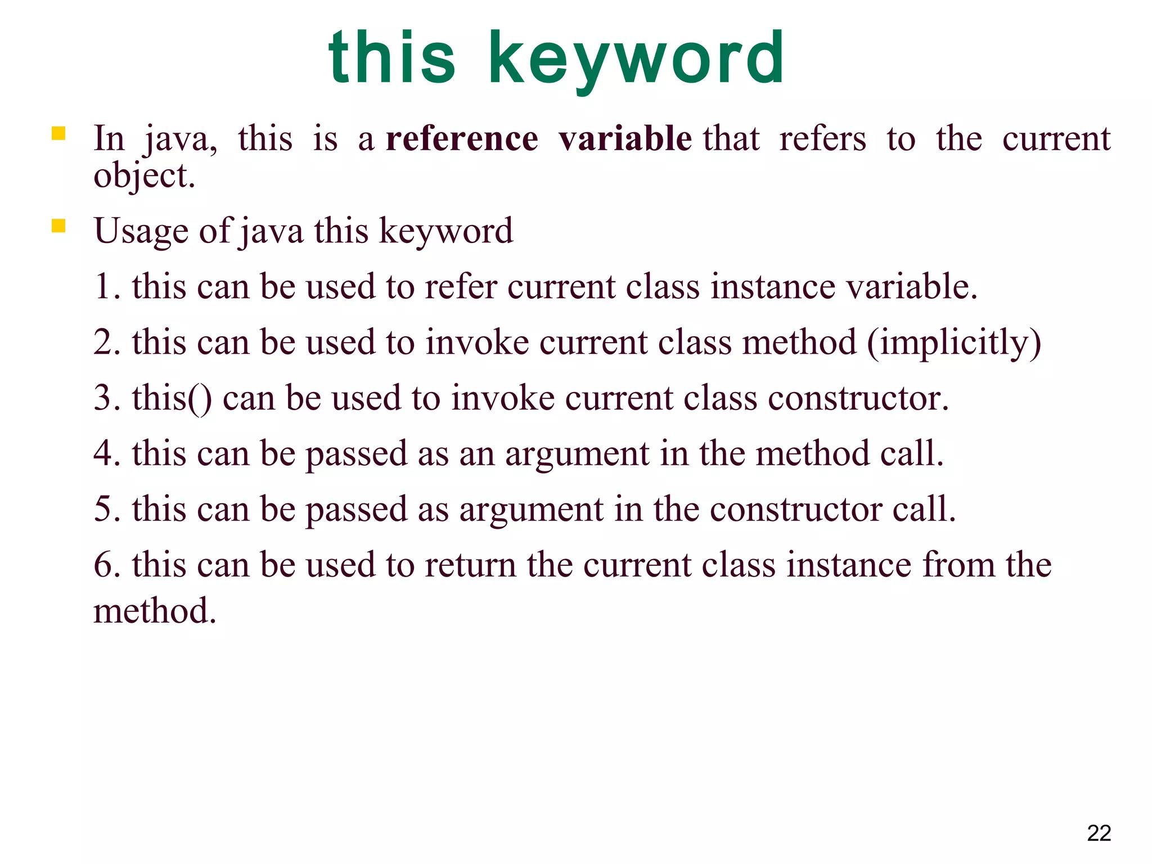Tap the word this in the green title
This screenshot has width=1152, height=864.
coord(392,58)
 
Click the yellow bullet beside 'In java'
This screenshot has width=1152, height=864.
coord(58,133)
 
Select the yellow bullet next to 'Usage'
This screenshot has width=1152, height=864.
coord(58,226)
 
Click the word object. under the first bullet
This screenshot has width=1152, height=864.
coord(144,176)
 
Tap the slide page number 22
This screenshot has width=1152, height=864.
coord(1099,833)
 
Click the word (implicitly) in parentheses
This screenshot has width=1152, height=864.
coord(954,343)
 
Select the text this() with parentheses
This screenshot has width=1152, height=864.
coord(172,398)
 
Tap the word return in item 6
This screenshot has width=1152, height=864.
coord(470,565)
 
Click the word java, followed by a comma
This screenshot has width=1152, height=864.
coord(181,139)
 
